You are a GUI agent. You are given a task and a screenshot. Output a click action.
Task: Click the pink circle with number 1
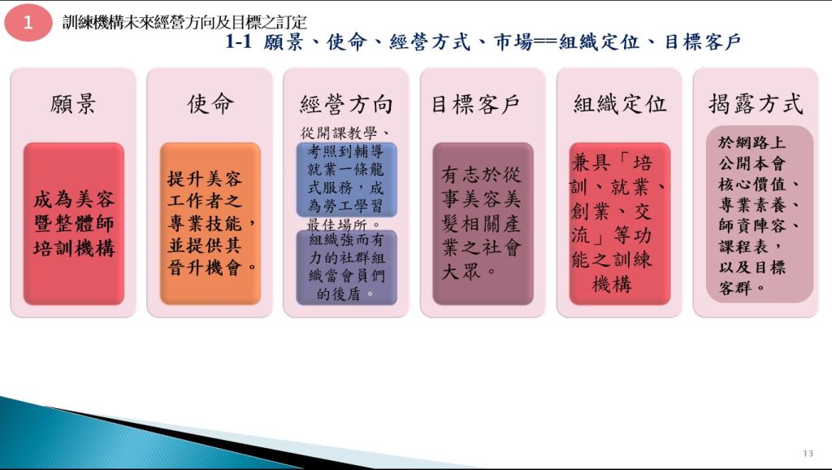(x=28, y=22)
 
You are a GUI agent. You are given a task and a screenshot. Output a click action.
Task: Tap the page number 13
(x=808, y=453)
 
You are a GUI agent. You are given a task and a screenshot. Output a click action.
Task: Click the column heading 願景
(x=73, y=103)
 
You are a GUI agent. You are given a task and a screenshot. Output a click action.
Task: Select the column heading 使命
(x=210, y=103)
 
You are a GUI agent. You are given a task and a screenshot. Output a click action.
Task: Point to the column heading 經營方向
(x=346, y=104)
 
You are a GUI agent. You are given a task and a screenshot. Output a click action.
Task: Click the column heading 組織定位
(x=619, y=103)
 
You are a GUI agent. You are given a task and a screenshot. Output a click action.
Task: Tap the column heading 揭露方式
(x=756, y=103)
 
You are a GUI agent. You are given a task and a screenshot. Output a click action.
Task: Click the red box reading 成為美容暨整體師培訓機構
(x=74, y=224)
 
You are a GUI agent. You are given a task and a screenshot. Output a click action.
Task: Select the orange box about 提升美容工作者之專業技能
(x=210, y=224)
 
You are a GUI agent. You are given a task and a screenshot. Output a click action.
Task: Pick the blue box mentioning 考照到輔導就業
(x=346, y=180)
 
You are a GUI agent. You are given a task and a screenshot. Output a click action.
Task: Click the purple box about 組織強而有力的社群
(x=346, y=268)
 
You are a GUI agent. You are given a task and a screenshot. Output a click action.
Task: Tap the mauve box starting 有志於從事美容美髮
(x=483, y=224)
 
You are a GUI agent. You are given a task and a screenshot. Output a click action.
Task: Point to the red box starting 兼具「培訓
(x=620, y=224)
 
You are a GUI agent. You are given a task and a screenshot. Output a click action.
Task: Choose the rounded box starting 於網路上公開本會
(x=760, y=214)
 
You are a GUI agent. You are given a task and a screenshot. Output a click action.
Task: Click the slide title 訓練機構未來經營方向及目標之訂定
(x=184, y=22)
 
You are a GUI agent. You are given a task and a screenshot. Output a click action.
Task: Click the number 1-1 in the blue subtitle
(x=238, y=41)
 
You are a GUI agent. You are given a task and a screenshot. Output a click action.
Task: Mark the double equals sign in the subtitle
(x=545, y=42)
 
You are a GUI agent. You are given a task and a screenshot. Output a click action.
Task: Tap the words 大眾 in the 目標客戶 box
(x=461, y=272)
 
